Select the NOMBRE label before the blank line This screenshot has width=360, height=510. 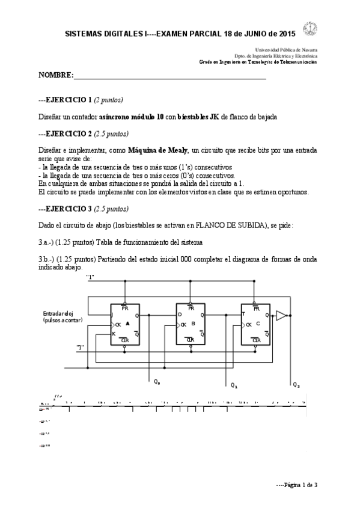tap(55, 76)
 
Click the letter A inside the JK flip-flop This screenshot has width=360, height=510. tap(127, 324)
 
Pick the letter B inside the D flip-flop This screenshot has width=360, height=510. tap(193, 324)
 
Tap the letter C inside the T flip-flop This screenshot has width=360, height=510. tap(258, 324)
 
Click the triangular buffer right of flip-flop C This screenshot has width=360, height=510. tap(281, 315)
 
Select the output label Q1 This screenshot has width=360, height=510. tap(234, 384)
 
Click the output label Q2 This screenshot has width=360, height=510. tap(296, 384)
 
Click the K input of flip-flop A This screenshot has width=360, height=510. tap(113, 333)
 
